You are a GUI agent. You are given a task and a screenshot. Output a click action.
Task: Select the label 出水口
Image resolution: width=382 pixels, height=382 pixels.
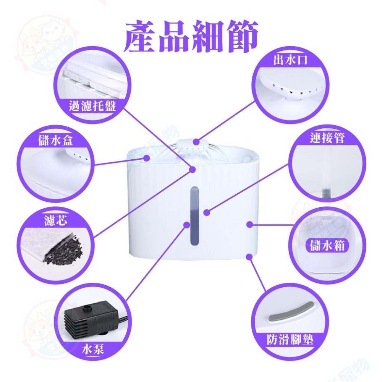pyautogui.click(x=291, y=60)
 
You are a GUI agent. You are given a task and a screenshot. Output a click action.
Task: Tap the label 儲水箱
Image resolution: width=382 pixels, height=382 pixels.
pyautogui.click(x=326, y=245)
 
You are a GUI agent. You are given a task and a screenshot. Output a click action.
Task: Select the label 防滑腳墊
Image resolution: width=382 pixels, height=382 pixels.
pyautogui.click(x=290, y=339)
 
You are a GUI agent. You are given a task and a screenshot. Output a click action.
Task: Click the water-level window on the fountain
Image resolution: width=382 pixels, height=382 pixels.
pyautogui.click(x=194, y=216)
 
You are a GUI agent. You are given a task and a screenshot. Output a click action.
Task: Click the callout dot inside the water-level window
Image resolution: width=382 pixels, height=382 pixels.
pyautogui.click(x=206, y=212)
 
